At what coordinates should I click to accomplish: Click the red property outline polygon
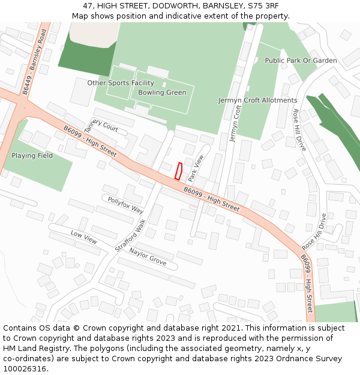(178, 171)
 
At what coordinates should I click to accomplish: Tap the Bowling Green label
(162, 93)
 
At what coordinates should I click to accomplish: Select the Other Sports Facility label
(121, 83)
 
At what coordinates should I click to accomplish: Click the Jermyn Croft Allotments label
(257, 100)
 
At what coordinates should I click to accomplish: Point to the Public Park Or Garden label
(301, 61)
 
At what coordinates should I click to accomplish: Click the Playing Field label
(32, 155)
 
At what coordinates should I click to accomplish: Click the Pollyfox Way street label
(125, 205)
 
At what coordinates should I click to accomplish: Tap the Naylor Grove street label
(148, 257)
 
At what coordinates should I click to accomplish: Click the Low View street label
(83, 237)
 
